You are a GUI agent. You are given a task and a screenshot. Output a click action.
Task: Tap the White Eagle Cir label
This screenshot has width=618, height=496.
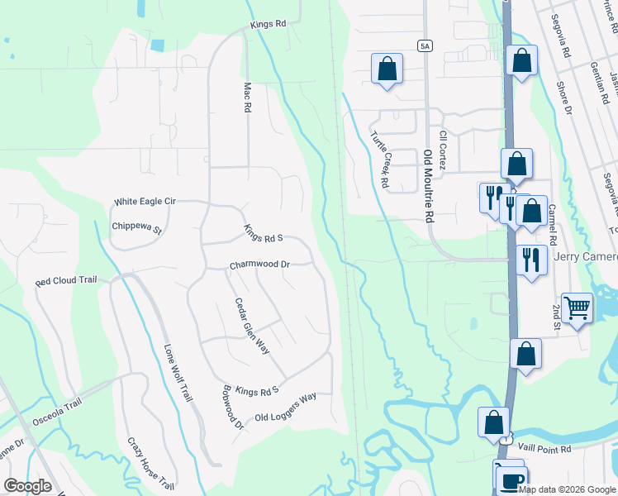point(145,201)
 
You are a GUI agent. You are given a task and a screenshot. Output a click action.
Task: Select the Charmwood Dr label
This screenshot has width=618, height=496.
point(259,265)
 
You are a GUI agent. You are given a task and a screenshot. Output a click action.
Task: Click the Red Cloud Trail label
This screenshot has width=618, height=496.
point(66,281)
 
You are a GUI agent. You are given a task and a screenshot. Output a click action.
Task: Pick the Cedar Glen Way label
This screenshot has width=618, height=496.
point(252,327)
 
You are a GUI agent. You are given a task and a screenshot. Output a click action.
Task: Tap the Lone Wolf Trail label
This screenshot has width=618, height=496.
point(178,373)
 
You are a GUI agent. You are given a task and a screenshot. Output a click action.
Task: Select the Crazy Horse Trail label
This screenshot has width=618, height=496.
point(150,465)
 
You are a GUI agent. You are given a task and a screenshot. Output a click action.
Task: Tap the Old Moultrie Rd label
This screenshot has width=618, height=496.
point(428,187)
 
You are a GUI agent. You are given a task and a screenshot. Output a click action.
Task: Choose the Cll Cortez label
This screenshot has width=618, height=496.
point(444,152)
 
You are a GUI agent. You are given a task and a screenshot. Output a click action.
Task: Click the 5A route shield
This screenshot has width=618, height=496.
point(425,45)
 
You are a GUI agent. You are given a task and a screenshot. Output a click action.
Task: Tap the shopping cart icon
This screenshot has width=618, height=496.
point(577,308)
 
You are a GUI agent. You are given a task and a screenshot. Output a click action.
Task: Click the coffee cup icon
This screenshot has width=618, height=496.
point(512,479)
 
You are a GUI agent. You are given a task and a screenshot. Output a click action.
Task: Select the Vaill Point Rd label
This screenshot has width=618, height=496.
point(544,450)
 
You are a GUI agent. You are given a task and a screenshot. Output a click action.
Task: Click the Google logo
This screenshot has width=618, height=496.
point(27,485)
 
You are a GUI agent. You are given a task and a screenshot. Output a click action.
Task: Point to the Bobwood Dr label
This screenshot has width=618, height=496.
point(233,408)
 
